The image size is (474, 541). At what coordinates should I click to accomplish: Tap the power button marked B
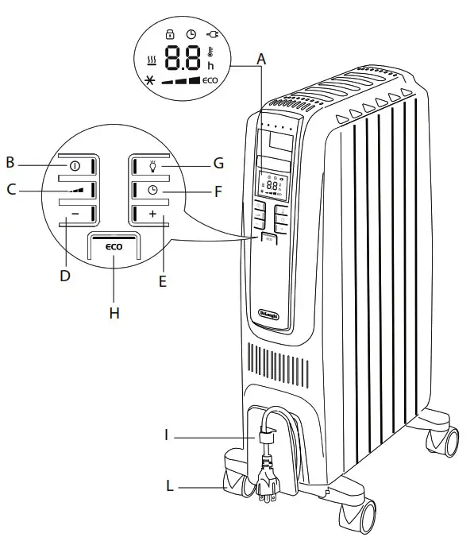pyautogui.click(x=76, y=166)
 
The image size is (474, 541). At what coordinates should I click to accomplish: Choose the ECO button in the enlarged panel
pyautogui.click(x=114, y=247)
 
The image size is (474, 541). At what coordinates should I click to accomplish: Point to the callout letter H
pyautogui.click(x=114, y=313)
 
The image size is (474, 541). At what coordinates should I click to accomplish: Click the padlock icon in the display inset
pyautogui.click(x=168, y=34)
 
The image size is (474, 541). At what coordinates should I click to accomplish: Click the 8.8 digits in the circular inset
pyautogui.click(x=183, y=58)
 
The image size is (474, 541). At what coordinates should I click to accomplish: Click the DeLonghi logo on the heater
pyautogui.click(x=272, y=311)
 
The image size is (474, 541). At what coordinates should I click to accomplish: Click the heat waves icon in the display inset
pyautogui.click(x=152, y=60)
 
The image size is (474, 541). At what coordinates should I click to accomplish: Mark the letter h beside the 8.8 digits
pyautogui.click(x=210, y=65)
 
